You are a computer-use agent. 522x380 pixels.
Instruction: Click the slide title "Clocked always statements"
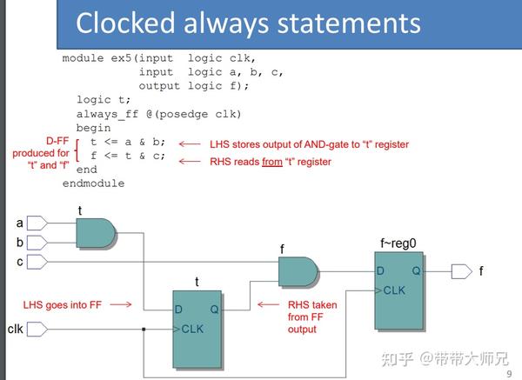[x=248, y=23]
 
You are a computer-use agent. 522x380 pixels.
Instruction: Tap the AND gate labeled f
[x=298, y=271]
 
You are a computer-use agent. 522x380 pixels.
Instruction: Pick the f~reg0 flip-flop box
[x=399, y=290]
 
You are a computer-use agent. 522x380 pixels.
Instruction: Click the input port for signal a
[x=37, y=224]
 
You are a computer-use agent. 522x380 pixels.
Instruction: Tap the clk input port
[x=37, y=330]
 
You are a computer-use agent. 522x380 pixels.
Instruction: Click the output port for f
[x=461, y=271]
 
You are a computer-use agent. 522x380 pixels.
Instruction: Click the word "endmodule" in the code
[x=93, y=183]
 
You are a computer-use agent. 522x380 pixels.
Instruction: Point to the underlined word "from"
[x=272, y=162]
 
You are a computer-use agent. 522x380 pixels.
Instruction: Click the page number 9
[x=509, y=373]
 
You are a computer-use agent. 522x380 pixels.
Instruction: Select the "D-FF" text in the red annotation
[x=57, y=140]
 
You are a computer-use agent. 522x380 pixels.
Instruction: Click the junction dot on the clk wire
[x=143, y=330]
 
